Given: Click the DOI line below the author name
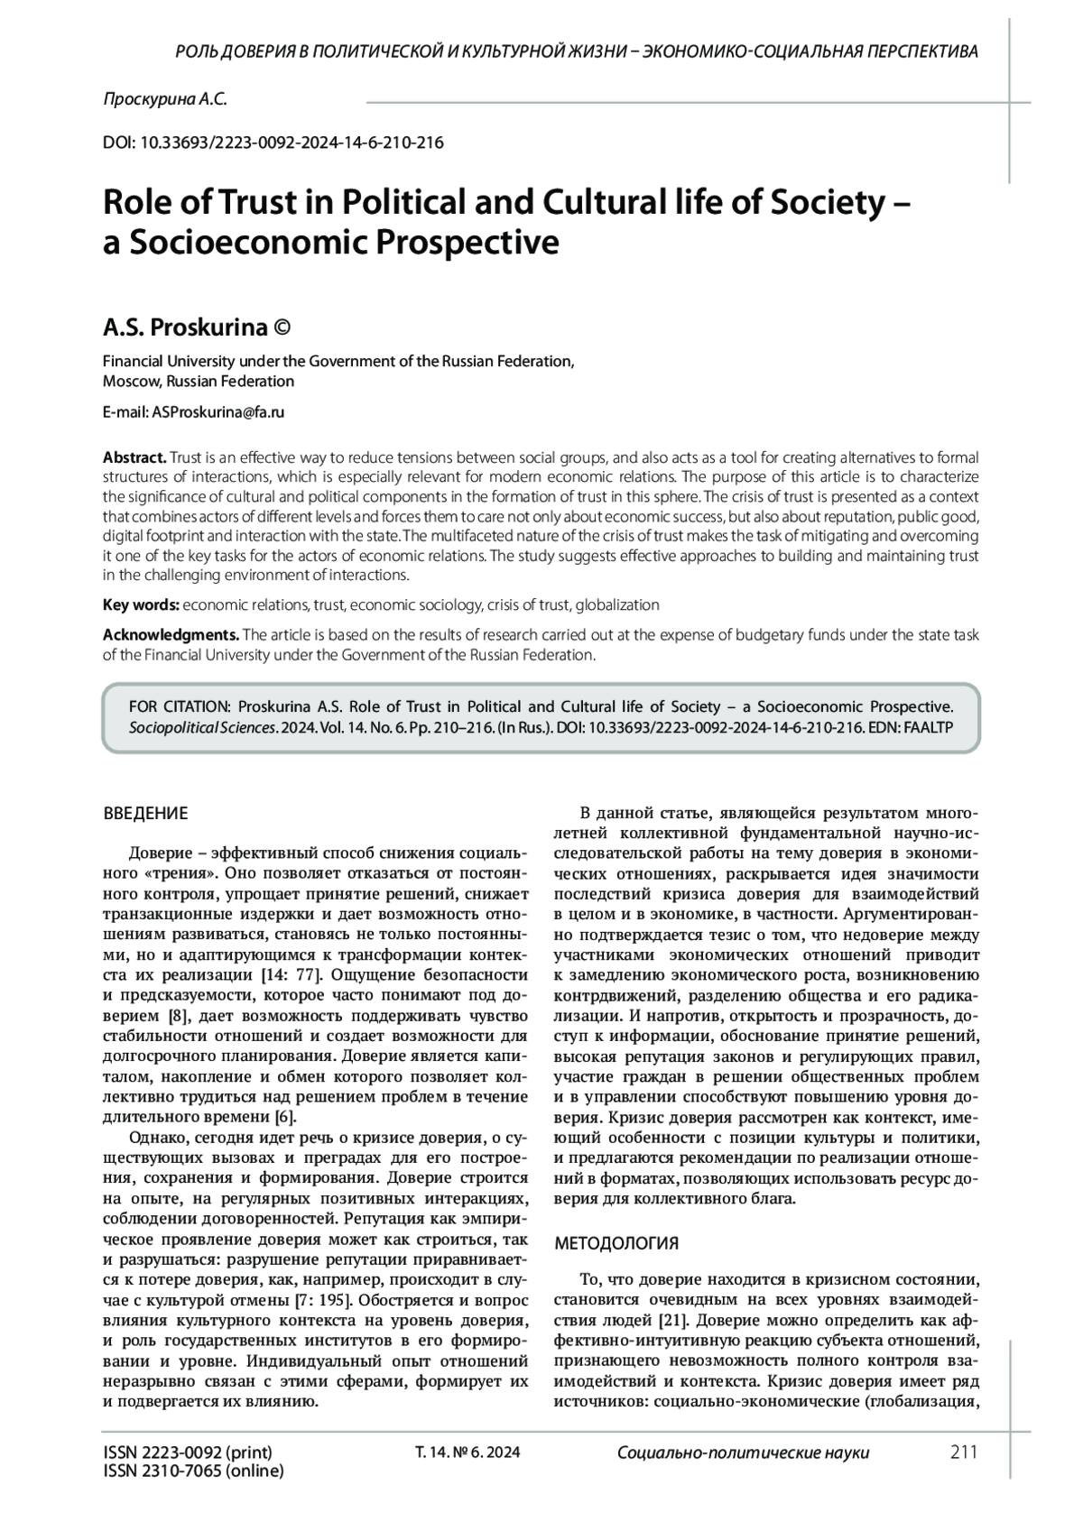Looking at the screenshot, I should (273, 143).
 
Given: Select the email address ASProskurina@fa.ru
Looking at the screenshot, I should (218, 412).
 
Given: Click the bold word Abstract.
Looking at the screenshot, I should (134, 457).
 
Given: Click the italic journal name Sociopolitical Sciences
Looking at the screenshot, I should (202, 726).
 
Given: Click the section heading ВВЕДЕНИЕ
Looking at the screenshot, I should (146, 814).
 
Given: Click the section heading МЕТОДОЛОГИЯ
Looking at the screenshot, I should (616, 1243).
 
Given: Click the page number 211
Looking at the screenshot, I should (964, 1453).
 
